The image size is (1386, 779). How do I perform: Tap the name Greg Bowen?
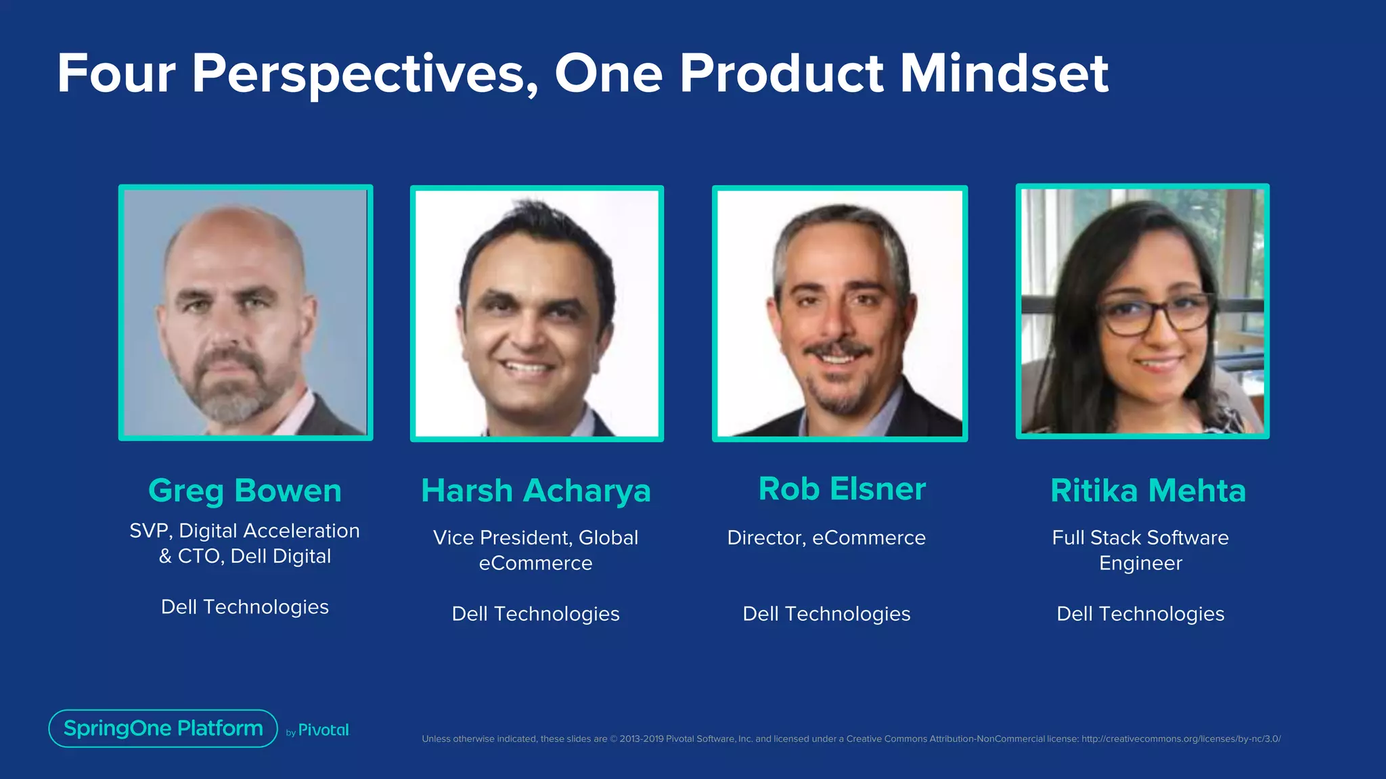(245, 490)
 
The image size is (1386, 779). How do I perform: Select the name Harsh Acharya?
(536, 490)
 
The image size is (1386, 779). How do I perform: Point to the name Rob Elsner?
(842, 489)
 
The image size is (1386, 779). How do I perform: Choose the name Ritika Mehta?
(1148, 490)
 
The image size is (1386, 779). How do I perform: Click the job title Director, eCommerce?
(826, 538)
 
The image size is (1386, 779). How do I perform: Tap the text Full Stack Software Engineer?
(1140, 550)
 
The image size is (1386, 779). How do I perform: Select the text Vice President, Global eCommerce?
(535, 550)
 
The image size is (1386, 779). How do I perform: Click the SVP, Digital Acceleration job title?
(245, 531)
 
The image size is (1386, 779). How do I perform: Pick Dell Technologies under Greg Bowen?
(245, 607)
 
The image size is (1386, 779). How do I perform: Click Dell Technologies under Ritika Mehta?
(1140, 613)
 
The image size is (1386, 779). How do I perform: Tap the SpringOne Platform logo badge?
(163, 728)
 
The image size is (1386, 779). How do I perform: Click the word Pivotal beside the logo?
(323, 730)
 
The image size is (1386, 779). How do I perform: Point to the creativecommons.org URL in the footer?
(1181, 739)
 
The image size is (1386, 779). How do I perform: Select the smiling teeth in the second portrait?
(529, 368)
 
